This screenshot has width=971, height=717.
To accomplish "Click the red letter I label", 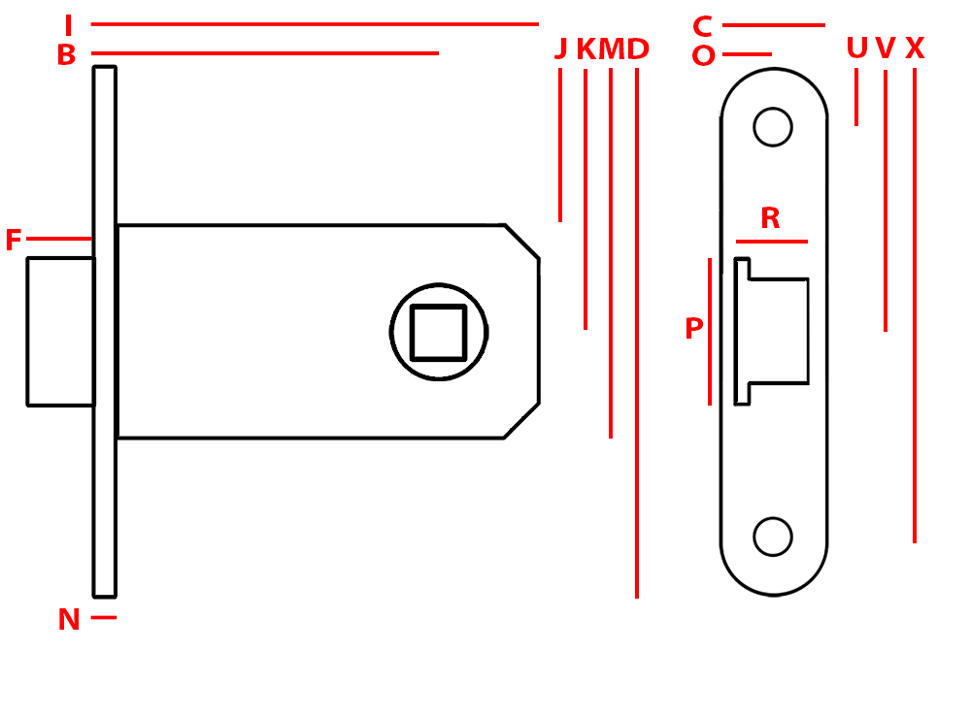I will tap(68, 25).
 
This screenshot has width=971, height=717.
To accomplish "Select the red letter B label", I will tap(66, 55).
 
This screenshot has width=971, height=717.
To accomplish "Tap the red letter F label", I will tap(13, 241).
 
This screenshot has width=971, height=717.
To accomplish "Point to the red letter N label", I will tap(69, 620).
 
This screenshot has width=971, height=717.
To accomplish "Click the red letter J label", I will tap(560, 49).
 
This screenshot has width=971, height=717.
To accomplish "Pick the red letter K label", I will tap(586, 49).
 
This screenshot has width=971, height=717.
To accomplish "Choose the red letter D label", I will tap(638, 49).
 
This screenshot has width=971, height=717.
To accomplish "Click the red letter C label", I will tap(702, 26).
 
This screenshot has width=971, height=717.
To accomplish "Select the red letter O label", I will tap(703, 56).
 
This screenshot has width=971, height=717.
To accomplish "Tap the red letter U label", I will tap(856, 49).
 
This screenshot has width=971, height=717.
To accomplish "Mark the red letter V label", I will tap(885, 49).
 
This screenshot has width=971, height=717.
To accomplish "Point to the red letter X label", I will tap(915, 49).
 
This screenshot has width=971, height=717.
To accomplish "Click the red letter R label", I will tap(770, 218).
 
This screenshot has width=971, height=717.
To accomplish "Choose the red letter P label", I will tap(693, 330).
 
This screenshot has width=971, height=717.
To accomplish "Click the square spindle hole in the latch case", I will tap(438, 332).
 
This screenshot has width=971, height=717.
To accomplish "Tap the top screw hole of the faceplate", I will tap(773, 127).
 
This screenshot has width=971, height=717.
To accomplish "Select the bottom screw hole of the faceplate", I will tap(773, 537).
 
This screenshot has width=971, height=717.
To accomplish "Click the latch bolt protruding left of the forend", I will tap(60, 331).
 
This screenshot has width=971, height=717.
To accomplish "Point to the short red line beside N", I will tap(104, 617).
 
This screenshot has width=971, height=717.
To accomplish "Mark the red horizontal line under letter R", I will tap(771, 242).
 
